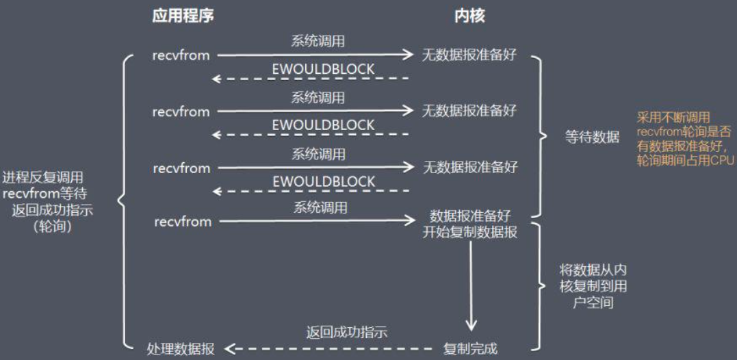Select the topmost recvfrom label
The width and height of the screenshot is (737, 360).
181,55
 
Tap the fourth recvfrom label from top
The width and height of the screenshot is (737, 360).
183,221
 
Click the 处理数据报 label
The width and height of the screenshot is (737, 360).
181,349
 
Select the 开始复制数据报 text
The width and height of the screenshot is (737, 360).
469,231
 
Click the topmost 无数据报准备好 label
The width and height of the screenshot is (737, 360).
469,55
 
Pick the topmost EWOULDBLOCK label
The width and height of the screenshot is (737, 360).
323,69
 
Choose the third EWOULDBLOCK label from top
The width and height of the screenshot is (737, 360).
324,181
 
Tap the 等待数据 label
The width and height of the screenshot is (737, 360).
592,138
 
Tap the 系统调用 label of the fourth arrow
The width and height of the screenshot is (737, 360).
320,207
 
